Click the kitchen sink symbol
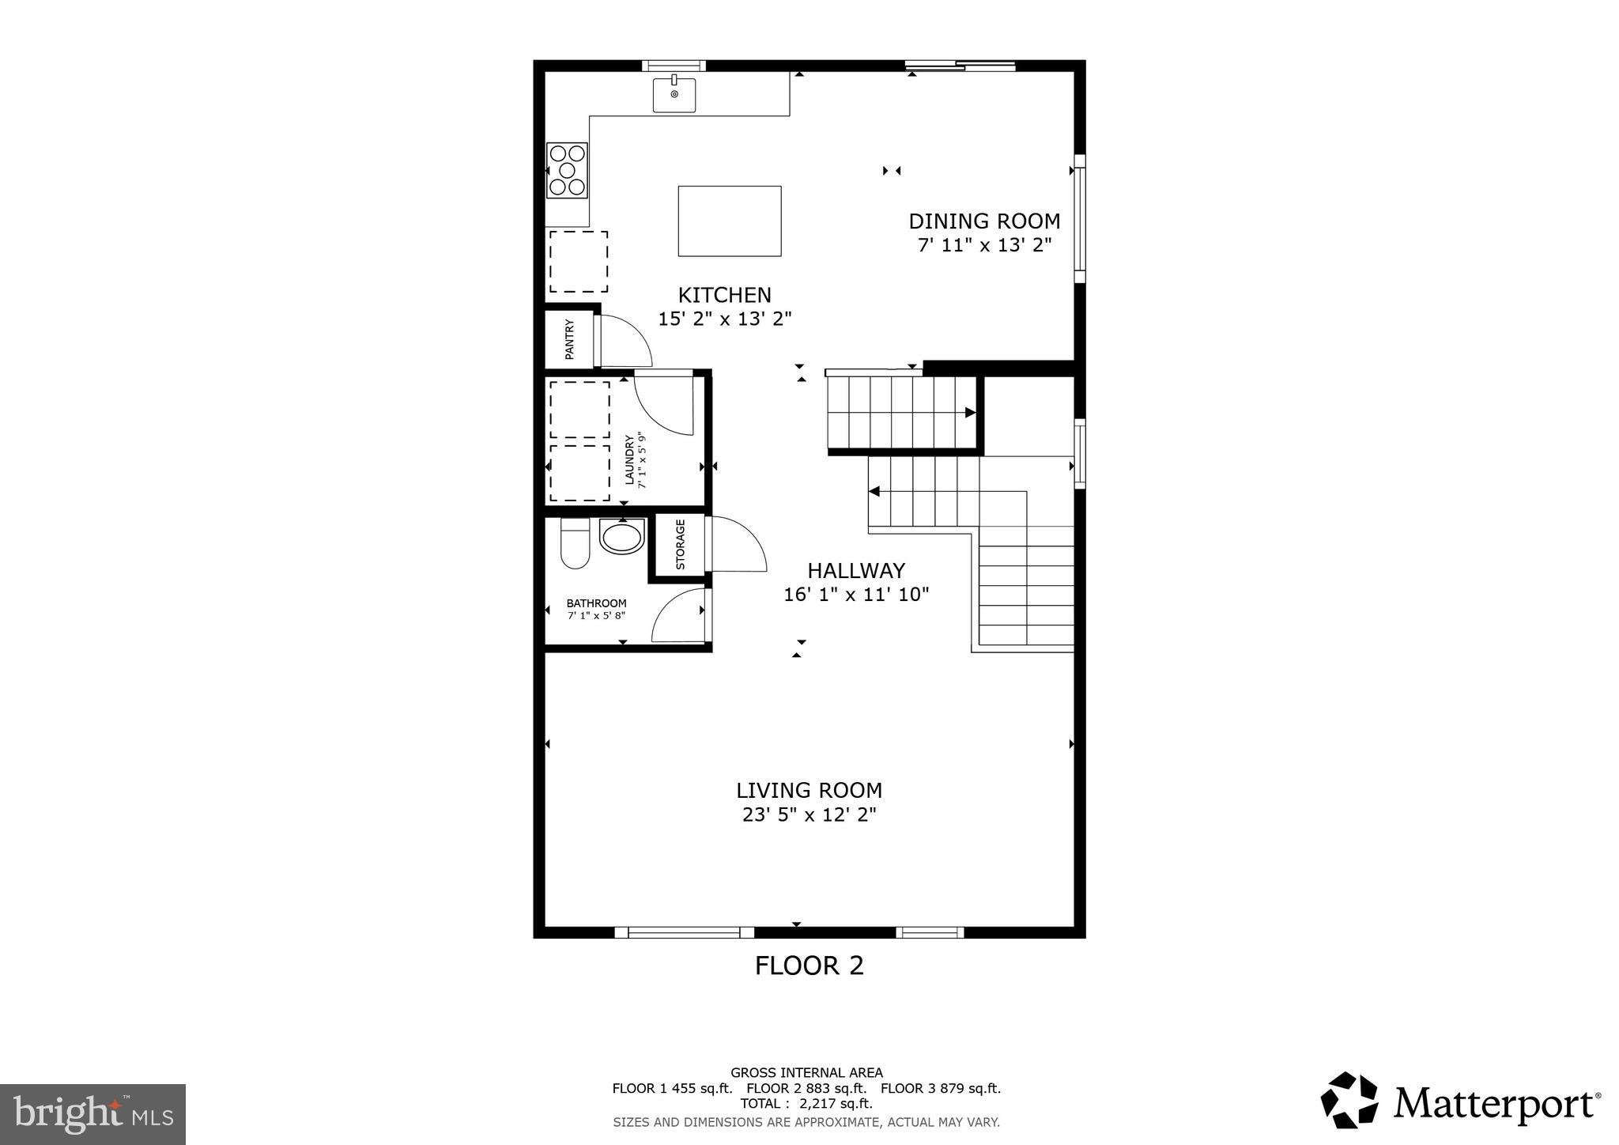point(674,95)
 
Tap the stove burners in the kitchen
point(567,170)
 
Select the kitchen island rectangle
point(730,221)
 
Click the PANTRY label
point(569,339)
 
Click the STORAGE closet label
point(681,545)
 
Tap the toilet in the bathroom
point(575,543)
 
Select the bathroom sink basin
point(621,537)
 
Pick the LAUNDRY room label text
point(630,459)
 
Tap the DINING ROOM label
point(984,221)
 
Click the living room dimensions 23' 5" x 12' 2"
point(809,814)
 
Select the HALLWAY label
point(855,570)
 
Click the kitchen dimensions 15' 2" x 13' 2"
point(725,319)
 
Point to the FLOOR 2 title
point(809,966)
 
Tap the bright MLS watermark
point(92,1114)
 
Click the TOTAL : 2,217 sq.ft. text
point(806,1103)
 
